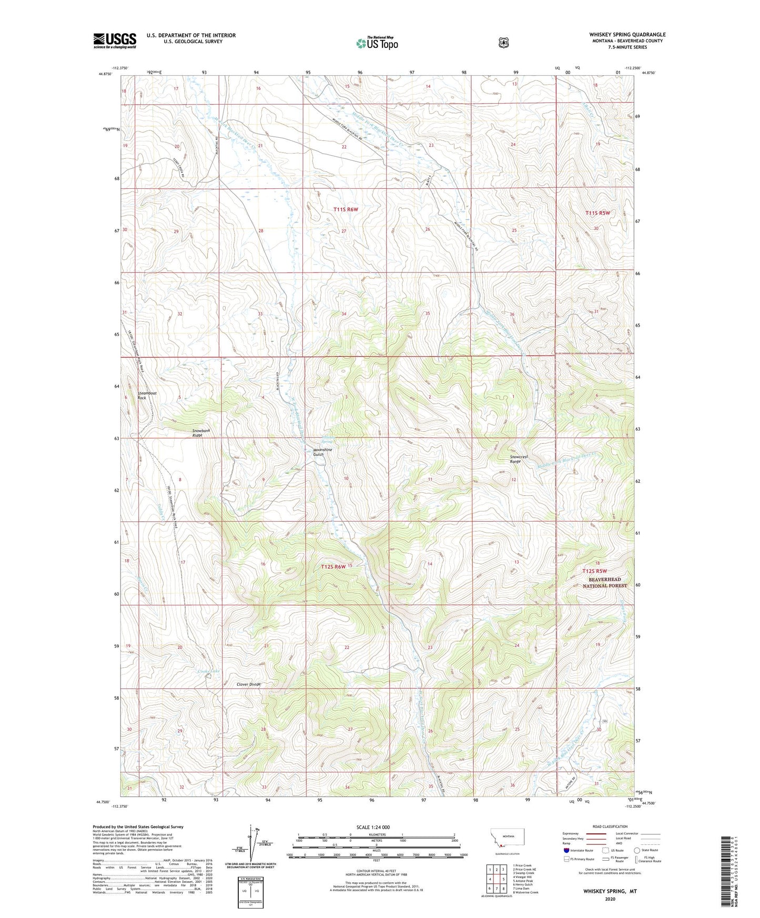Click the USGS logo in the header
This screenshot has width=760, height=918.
click(115, 40)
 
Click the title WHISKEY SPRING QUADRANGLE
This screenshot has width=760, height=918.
click(627, 35)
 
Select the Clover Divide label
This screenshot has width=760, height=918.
click(248, 684)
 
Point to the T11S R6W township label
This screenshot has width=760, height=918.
click(346, 209)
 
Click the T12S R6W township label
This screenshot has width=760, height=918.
click(333, 567)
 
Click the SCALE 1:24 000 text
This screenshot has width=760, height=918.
click(373, 827)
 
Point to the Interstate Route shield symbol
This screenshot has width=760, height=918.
click(566, 850)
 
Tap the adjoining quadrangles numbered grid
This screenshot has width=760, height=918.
click(496, 878)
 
